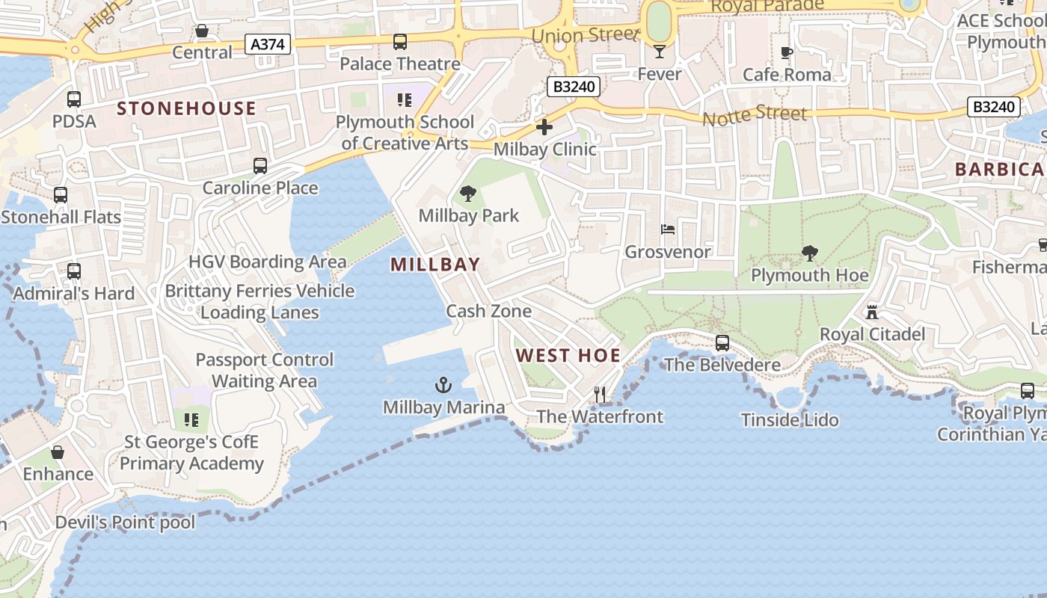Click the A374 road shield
pyautogui.click(x=268, y=45)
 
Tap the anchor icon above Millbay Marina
pyautogui.click(x=443, y=386)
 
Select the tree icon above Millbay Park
pyautogui.click(x=468, y=194)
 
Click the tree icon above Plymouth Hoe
pyautogui.click(x=809, y=253)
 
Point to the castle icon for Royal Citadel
pyautogui.click(x=872, y=312)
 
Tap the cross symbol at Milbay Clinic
pyautogui.click(x=544, y=127)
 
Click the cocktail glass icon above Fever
pyautogui.click(x=659, y=52)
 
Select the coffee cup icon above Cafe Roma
pyautogui.click(x=786, y=52)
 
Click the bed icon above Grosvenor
pyautogui.click(x=668, y=229)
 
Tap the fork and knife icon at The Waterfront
pyautogui.click(x=600, y=394)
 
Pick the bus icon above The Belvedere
pyautogui.click(x=722, y=343)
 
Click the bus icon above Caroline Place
pyautogui.click(x=260, y=166)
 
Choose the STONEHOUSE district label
pyautogui.click(x=186, y=108)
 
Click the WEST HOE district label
pyautogui.click(x=568, y=355)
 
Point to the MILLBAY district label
pyautogui.click(x=435, y=265)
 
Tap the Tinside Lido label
pyautogui.click(x=790, y=420)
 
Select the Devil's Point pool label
pyautogui.click(x=125, y=523)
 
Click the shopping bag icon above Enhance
pyautogui.click(x=57, y=452)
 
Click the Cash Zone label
pyautogui.click(x=489, y=311)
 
